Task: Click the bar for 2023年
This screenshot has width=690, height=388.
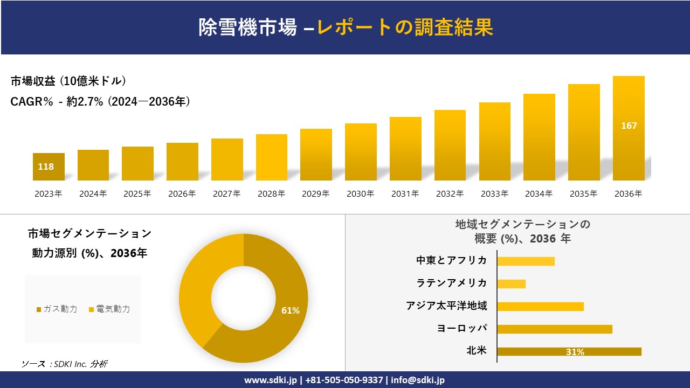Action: click(49, 167)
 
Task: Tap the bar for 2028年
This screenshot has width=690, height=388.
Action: click(272, 157)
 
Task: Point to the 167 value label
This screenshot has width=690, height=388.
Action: click(629, 126)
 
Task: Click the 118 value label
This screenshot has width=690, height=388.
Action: click(46, 167)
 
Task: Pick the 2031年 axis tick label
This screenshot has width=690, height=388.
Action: click(405, 194)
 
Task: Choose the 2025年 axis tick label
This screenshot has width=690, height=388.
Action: click(137, 194)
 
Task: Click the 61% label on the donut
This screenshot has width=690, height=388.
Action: click(290, 310)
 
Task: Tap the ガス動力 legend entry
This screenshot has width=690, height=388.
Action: click(57, 309)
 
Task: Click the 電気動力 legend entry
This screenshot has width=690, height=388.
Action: click(109, 309)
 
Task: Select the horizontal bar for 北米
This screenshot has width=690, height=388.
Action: click(569, 351)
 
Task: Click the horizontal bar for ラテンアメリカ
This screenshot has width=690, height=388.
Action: click(511, 283)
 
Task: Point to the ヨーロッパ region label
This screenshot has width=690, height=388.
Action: click(462, 329)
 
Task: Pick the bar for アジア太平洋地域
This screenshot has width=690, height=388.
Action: click(540, 306)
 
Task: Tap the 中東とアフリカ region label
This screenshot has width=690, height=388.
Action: click(451, 261)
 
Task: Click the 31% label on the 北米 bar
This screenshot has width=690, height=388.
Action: click(575, 352)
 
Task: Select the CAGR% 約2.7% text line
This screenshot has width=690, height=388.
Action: click(100, 101)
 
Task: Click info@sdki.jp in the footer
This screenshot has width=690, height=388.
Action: click(418, 380)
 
